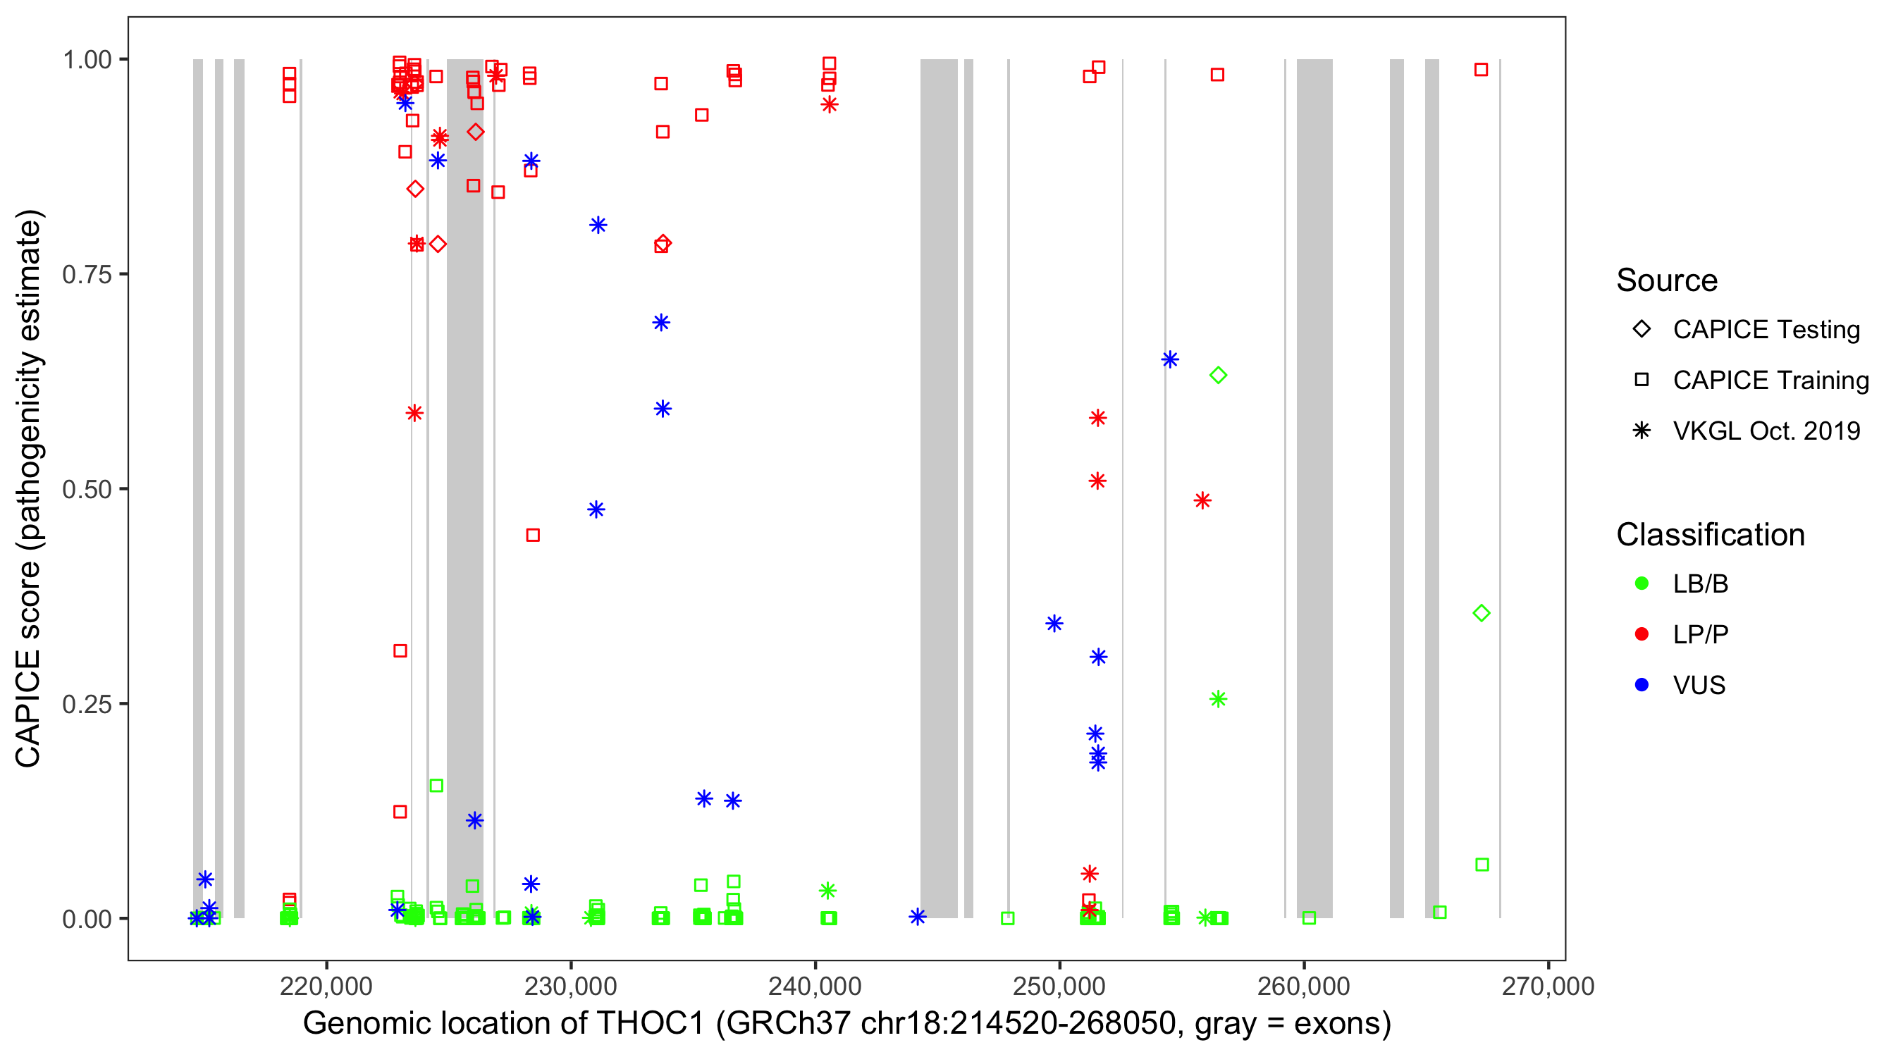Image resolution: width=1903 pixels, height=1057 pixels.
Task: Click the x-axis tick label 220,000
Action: pyautogui.click(x=326, y=986)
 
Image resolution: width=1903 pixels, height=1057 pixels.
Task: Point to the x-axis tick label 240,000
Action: pyautogui.click(x=815, y=986)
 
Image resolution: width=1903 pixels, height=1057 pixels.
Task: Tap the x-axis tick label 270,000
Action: pyautogui.click(x=1548, y=986)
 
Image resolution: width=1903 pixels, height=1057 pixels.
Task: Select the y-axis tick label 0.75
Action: pyautogui.click(x=86, y=275)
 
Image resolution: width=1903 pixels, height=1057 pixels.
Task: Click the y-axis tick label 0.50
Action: pyautogui.click(x=86, y=489)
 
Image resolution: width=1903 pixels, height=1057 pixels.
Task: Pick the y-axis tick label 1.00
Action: pyautogui.click(x=86, y=60)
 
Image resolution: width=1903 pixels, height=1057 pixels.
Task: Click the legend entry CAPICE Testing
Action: pyautogui.click(x=1766, y=330)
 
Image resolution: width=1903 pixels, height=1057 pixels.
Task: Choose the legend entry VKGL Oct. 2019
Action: pyautogui.click(x=1766, y=431)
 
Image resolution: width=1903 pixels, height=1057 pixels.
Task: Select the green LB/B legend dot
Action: pyautogui.click(x=1642, y=583)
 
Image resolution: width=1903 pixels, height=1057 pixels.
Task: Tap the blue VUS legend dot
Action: pyautogui.click(x=1642, y=685)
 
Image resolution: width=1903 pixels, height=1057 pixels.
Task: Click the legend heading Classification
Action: pyautogui.click(x=1710, y=535)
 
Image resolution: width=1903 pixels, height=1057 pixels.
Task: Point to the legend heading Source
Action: pyautogui.click(x=1667, y=280)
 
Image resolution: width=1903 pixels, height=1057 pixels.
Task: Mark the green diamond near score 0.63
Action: pyautogui.click(x=1218, y=375)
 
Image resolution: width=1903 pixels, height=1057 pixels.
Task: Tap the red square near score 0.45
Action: pyautogui.click(x=533, y=535)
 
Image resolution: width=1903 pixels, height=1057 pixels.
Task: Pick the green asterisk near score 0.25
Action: pyautogui.click(x=1218, y=699)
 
